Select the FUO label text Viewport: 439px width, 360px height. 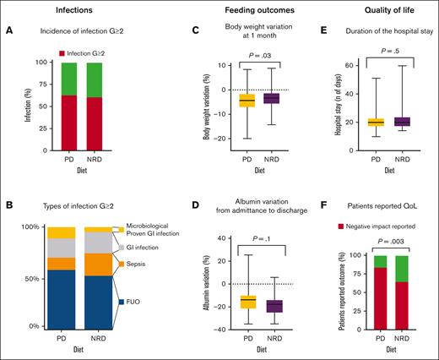pyautogui.click(x=138, y=301)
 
